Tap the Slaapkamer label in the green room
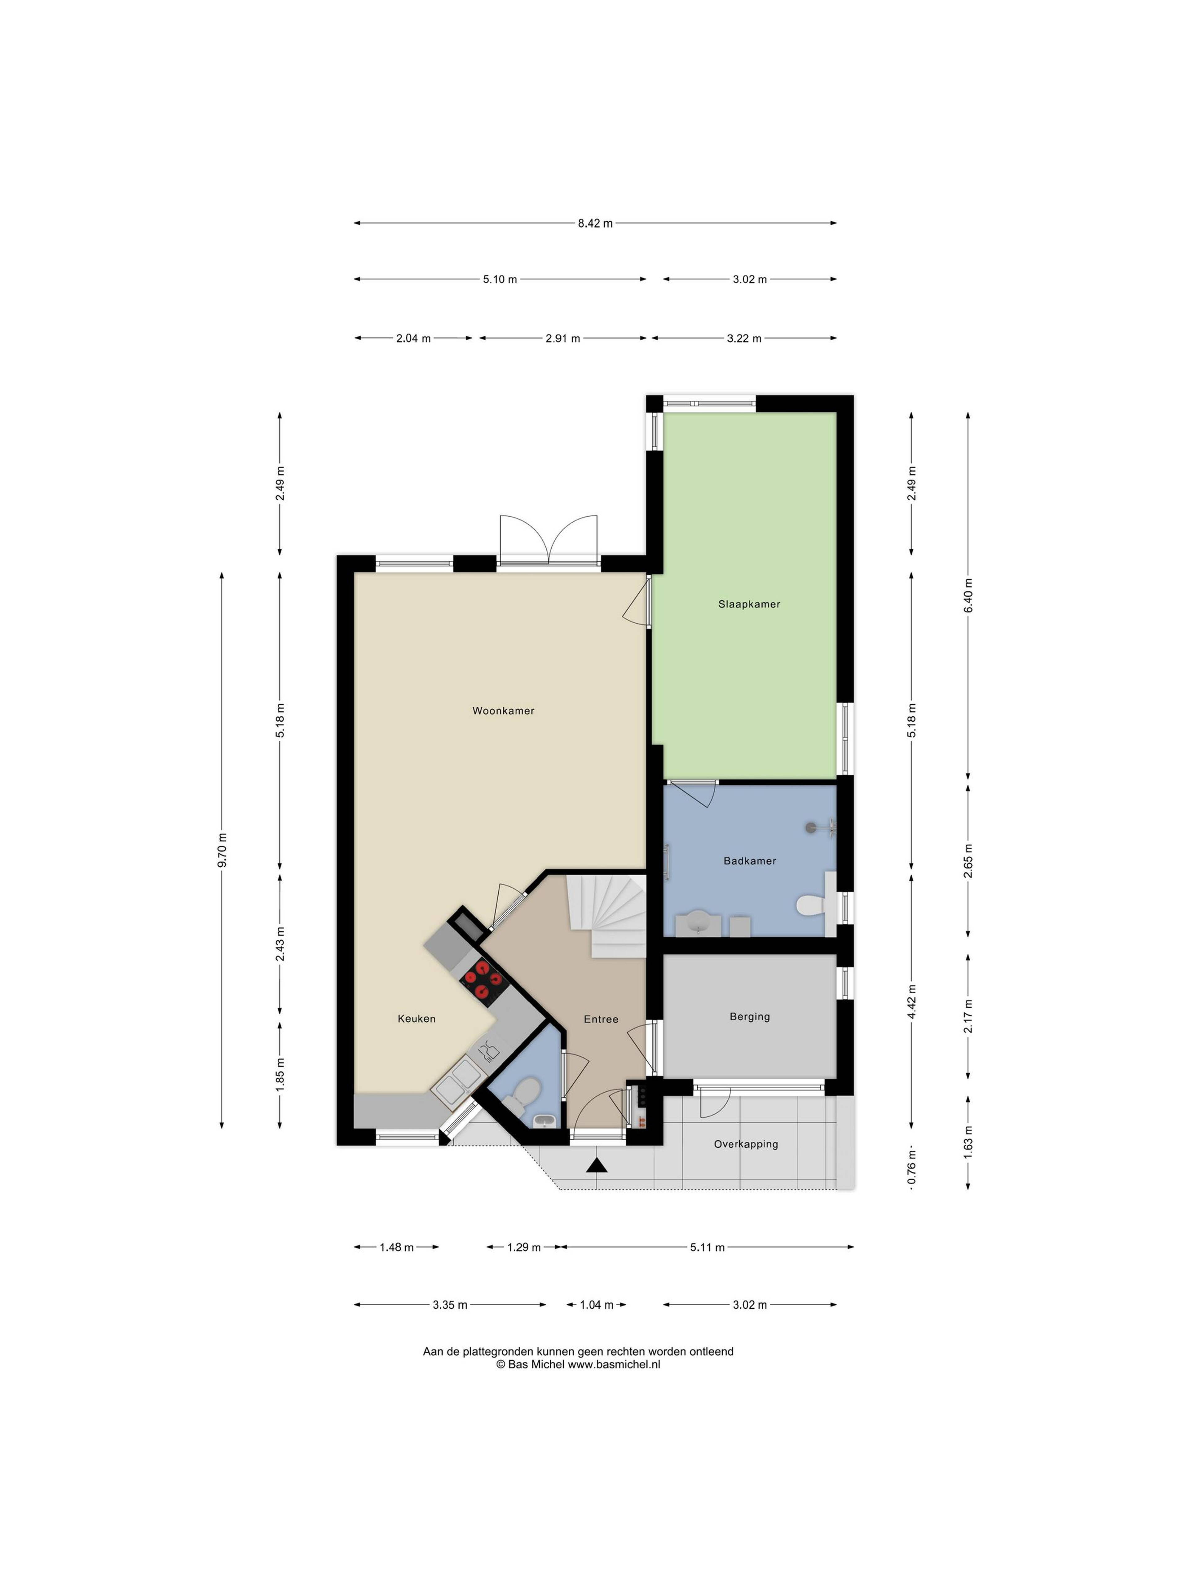click(749, 604)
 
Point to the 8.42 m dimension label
click(595, 223)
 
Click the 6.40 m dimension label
click(968, 595)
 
